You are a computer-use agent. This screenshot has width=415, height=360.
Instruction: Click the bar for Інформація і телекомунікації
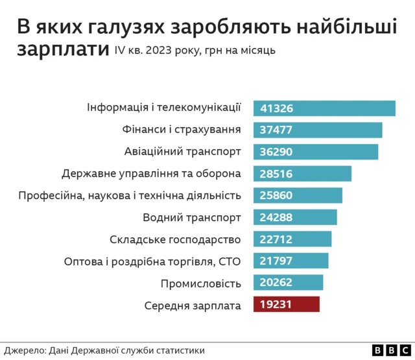[x=324, y=108]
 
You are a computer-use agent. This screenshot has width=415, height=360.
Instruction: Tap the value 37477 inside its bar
[x=276, y=130]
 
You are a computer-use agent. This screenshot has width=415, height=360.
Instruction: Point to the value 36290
[x=276, y=152]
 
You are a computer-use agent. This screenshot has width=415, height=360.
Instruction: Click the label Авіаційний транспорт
[x=182, y=152]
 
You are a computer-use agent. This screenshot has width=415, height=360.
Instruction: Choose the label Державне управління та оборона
[x=151, y=174]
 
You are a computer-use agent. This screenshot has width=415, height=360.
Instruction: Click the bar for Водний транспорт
[x=295, y=217]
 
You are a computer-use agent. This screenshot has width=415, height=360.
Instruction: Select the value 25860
[x=276, y=196]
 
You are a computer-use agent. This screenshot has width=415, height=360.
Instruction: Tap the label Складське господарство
[x=176, y=239]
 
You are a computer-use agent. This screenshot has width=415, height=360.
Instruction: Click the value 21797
[x=276, y=261]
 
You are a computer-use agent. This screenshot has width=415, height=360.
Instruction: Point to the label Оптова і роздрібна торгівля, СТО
[x=152, y=261]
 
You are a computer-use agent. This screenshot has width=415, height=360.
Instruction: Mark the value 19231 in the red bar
[x=276, y=305]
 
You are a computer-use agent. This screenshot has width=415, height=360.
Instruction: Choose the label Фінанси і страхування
[x=182, y=130]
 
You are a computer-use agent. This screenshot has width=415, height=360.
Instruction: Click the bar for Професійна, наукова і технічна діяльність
[x=298, y=196]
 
